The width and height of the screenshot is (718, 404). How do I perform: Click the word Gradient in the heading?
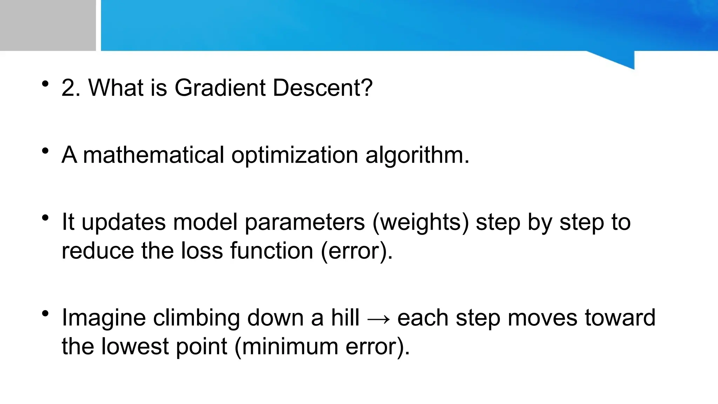pyautogui.click(x=220, y=88)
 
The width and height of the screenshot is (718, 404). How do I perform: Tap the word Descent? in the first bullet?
pyautogui.click(x=323, y=88)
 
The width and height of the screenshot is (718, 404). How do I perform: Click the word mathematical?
pyautogui.click(x=153, y=155)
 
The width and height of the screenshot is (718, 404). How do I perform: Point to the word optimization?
pyautogui.click(x=294, y=155)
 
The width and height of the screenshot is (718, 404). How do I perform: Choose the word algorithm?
pyautogui.click(x=417, y=155)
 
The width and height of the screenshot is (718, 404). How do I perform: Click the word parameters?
pyautogui.click(x=305, y=222)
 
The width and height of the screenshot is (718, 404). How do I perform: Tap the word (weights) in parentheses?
pyautogui.click(x=420, y=222)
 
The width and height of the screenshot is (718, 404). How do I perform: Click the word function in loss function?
pyautogui.click(x=271, y=251)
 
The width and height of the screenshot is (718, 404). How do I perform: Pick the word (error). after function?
pyautogui.click(x=357, y=251)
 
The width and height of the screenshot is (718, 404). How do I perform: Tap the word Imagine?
pyautogui.click(x=103, y=318)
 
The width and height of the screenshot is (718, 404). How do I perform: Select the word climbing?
pyautogui.click(x=196, y=318)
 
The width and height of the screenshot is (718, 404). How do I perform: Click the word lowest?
pyautogui.click(x=135, y=346)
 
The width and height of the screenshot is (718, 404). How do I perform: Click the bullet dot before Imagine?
pyautogui.click(x=45, y=313)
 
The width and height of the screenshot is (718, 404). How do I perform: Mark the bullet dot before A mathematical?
pyautogui.click(x=45, y=151)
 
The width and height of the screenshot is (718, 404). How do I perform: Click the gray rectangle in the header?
pyautogui.click(x=48, y=25)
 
